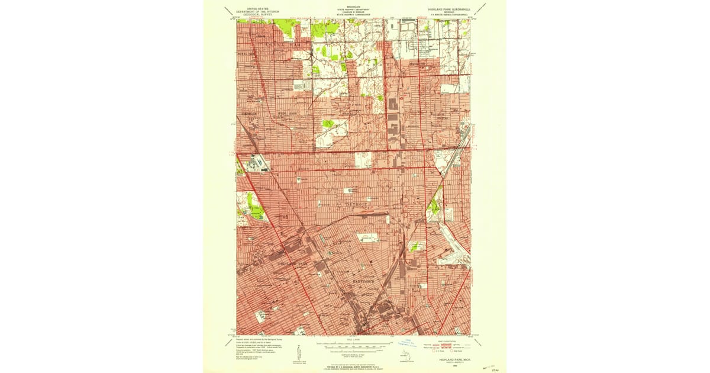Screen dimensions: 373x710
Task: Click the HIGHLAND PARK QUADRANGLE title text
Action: click(449, 10)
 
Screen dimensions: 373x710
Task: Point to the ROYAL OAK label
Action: click(246, 53)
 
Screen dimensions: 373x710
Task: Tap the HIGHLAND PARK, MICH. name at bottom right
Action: click(451, 359)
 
